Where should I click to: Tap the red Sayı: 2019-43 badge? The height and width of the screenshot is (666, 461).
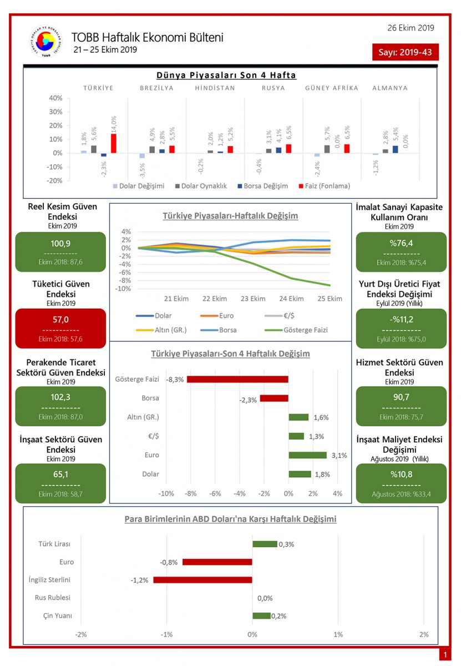[406, 52]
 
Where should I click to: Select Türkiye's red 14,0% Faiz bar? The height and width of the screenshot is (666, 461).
[114, 143]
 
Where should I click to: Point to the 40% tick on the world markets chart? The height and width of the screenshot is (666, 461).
[55, 98]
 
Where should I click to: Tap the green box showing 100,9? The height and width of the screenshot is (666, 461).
[60, 251]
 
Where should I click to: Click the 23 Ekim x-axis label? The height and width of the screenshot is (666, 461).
[253, 299]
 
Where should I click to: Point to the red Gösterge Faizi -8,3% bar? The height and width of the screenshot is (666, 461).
[237, 379]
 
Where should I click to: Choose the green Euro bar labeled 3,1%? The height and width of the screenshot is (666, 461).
[307, 455]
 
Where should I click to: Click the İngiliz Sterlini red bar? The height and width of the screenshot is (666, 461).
[202, 580]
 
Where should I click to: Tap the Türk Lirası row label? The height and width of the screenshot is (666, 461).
[54, 544]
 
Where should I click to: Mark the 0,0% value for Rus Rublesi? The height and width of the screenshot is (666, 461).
[265, 598]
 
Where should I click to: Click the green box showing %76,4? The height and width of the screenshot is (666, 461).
[401, 251]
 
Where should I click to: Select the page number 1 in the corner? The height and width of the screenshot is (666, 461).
[444, 655]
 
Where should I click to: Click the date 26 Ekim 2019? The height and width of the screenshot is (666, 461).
[411, 28]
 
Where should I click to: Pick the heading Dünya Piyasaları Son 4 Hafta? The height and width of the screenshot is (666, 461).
[226, 75]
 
